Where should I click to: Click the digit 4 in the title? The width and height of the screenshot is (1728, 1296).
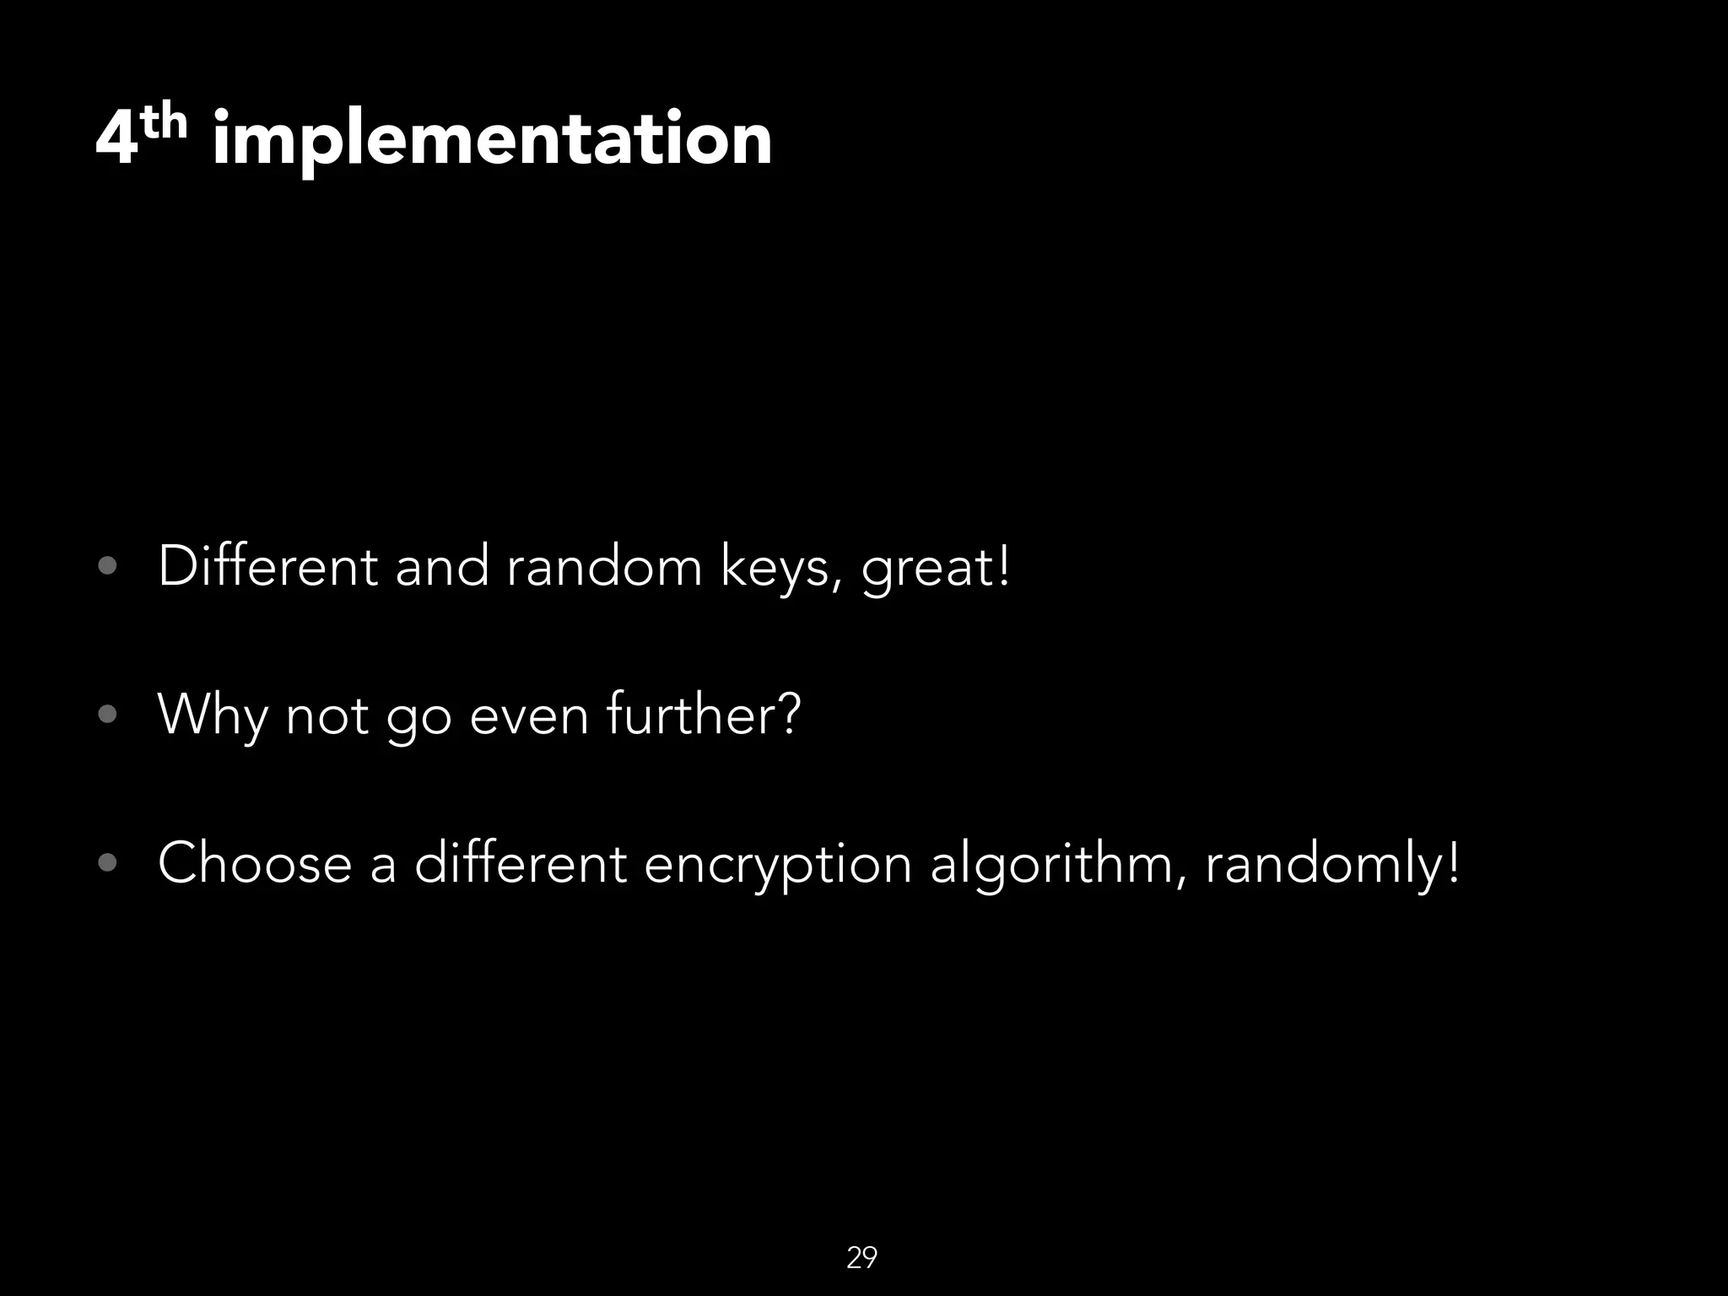click(x=116, y=139)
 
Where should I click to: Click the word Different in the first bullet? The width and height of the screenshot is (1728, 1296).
click(x=267, y=566)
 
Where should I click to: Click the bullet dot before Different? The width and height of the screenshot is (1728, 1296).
click(x=107, y=566)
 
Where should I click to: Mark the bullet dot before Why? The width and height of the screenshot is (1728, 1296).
click(x=107, y=715)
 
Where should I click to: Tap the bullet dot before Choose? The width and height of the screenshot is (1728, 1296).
click(x=107, y=863)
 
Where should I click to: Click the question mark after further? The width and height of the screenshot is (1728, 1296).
click(x=787, y=715)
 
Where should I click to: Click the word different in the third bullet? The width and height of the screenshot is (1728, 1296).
click(x=520, y=863)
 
